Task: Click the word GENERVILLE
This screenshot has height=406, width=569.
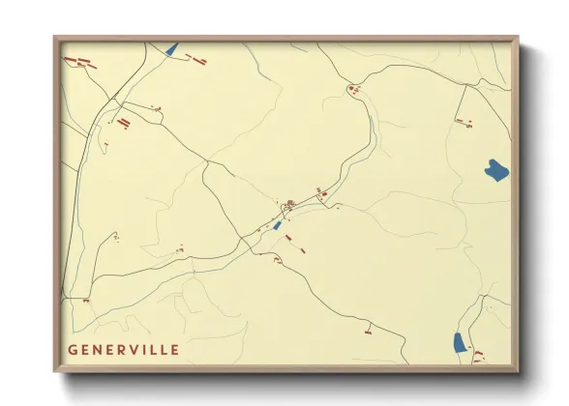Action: (x=123, y=349)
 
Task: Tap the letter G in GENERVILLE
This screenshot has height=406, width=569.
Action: (x=73, y=349)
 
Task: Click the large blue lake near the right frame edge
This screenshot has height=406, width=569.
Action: (x=496, y=171)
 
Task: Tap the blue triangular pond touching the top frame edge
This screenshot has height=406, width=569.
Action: (x=172, y=48)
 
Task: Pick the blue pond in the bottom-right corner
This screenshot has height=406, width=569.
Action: (x=459, y=341)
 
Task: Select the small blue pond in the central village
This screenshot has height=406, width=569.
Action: (x=278, y=225)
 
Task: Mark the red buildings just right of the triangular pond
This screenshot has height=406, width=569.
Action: (x=198, y=57)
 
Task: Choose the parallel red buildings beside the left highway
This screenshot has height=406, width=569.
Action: (x=123, y=123)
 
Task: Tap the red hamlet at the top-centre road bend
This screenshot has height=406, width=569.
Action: (x=352, y=90)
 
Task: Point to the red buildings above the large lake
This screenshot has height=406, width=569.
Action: (x=463, y=122)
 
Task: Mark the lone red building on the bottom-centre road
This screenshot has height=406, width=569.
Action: (x=368, y=330)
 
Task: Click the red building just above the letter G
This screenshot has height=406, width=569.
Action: (x=85, y=301)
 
